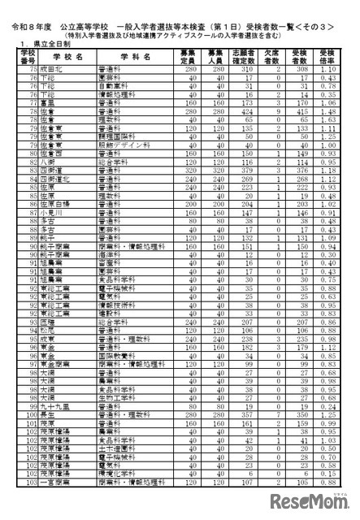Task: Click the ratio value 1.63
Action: [x=329, y=118]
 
